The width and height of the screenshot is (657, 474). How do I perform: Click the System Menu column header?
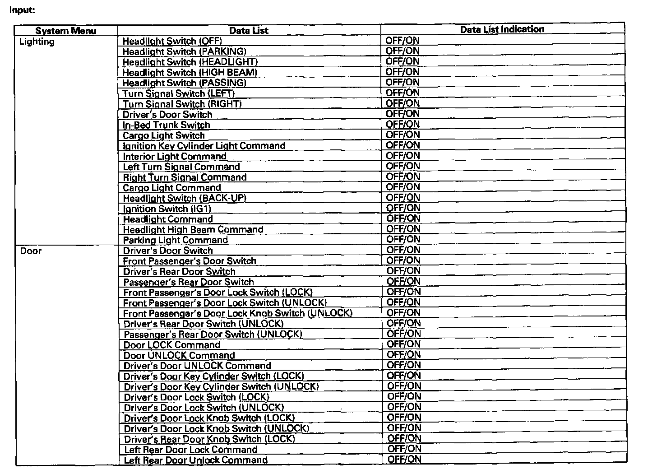pyautogui.click(x=66, y=31)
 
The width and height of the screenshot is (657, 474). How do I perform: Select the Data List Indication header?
pyautogui.click(x=502, y=29)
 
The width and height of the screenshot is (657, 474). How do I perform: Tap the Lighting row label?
pyautogui.click(x=37, y=42)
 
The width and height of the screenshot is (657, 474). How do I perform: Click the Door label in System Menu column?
pyautogui.click(x=31, y=251)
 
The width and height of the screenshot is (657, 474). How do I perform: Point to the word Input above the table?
pyautogui.click(x=22, y=9)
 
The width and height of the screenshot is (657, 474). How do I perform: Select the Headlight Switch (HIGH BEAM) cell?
pyautogui.click(x=190, y=72)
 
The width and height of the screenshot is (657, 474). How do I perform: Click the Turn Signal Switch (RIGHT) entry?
pyautogui.click(x=182, y=104)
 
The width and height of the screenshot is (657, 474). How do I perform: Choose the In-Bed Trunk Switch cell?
pyautogui.click(x=167, y=125)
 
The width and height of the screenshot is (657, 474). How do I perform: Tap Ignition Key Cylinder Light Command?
pyautogui.click(x=204, y=146)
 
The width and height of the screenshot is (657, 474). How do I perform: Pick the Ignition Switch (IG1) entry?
pyautogui.click(x=167, y=209)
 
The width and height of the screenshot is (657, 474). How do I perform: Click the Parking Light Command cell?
pyautogui.click(x=175, y=240)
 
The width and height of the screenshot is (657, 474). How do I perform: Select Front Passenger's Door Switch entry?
pyautogui.click(x=190, y=261)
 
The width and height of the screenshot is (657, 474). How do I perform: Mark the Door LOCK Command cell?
pyautogui.click(x=172, y=345)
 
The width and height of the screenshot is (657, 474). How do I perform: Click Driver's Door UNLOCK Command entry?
pyautogui.click(x=197, y=366)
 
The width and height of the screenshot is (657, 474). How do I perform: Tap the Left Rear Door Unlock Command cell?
pyautogui.click(x=196, y=460)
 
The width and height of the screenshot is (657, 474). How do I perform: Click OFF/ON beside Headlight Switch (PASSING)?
pyautogui.click(x=403, y=82)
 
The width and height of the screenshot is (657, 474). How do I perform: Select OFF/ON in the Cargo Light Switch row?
pyautogui.click(x=403, y=135)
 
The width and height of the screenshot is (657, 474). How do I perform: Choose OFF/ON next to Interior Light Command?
pyautogui.click(x=403, y=155)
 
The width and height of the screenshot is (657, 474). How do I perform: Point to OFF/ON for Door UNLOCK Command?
pyautogui.click(x=404, y=354)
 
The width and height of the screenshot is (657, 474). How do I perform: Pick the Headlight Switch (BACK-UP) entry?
pyautogui.click(x=185, y=198)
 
